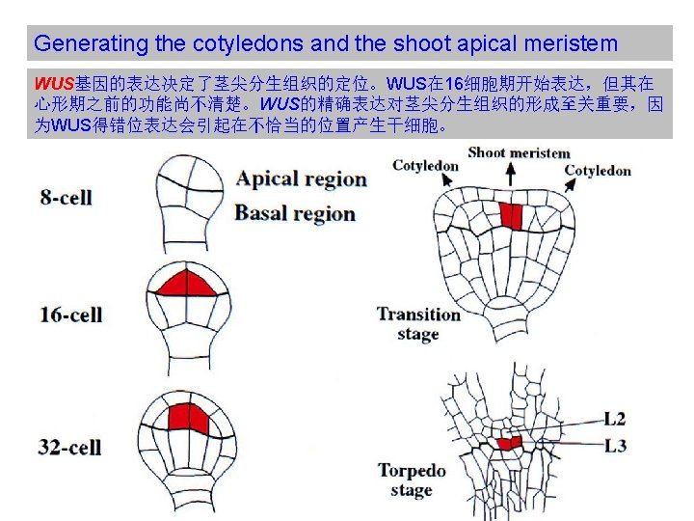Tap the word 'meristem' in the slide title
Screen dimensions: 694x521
572,43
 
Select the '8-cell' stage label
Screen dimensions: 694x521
66,198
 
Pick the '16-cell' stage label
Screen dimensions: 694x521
71,315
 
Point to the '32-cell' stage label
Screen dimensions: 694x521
71,447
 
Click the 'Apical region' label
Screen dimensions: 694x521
302,178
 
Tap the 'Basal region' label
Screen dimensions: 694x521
295,213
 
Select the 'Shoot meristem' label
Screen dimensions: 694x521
519,152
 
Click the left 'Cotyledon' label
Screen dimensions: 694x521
426,166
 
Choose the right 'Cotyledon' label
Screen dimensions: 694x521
598,171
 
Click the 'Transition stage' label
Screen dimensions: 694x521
418,324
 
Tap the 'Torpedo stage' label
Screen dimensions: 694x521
412,480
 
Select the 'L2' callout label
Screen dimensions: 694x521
615,419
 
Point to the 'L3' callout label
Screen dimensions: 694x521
615,445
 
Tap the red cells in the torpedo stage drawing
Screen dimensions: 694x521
508,443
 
